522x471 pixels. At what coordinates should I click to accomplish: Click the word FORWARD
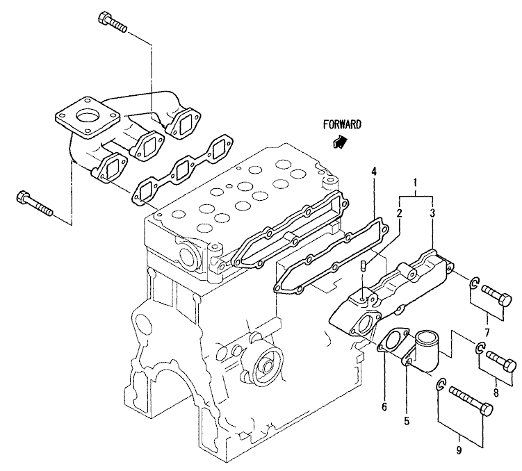(342, 125)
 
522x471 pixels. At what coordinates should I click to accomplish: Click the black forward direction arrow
(340, 141)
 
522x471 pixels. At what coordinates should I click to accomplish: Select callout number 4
(374, 172)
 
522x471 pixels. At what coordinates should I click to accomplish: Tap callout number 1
(415, 182)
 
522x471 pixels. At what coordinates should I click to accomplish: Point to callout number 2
(399, 213)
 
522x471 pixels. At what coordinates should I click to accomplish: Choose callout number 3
(432, 213)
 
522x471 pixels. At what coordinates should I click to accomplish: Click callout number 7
(487, 332)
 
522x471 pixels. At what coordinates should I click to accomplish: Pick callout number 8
(496, 392)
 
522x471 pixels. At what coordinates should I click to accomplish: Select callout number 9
(459, 450)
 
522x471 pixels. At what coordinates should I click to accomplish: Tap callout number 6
(384, 406)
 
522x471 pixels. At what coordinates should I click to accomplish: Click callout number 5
(407, 421)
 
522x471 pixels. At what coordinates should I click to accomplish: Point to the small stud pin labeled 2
(364, 265)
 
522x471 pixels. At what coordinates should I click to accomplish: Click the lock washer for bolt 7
(475, 283)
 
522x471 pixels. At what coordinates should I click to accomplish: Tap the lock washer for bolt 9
(441, 385)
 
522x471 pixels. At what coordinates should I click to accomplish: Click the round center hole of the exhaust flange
(87, 117)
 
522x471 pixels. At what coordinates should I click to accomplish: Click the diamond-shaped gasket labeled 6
(393, 340)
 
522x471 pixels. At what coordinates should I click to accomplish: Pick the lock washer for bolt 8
(480, 347)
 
